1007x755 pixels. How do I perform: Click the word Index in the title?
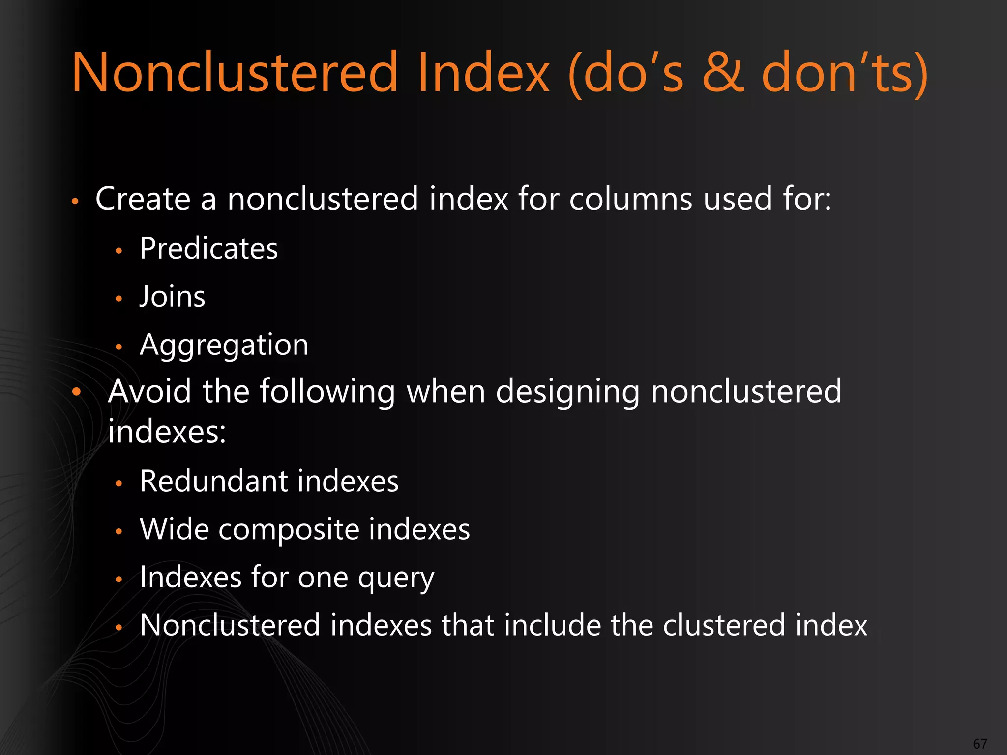[483, 73]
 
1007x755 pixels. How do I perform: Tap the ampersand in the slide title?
[723, 73]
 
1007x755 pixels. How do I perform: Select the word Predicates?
[208, 248]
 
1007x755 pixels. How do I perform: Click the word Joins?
[172, 297]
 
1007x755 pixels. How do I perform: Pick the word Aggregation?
[224, 346]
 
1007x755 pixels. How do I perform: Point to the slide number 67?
[980, 744]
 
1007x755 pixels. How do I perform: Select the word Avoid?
[149, 391]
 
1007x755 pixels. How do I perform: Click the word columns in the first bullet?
[630, 199]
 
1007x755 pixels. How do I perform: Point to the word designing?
[567, 392]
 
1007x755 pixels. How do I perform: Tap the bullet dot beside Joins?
[118, 298]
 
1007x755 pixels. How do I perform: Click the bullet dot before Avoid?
[76, 392]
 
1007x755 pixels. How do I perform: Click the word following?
[327, 392]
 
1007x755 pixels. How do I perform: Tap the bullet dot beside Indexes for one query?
[118, 580]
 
